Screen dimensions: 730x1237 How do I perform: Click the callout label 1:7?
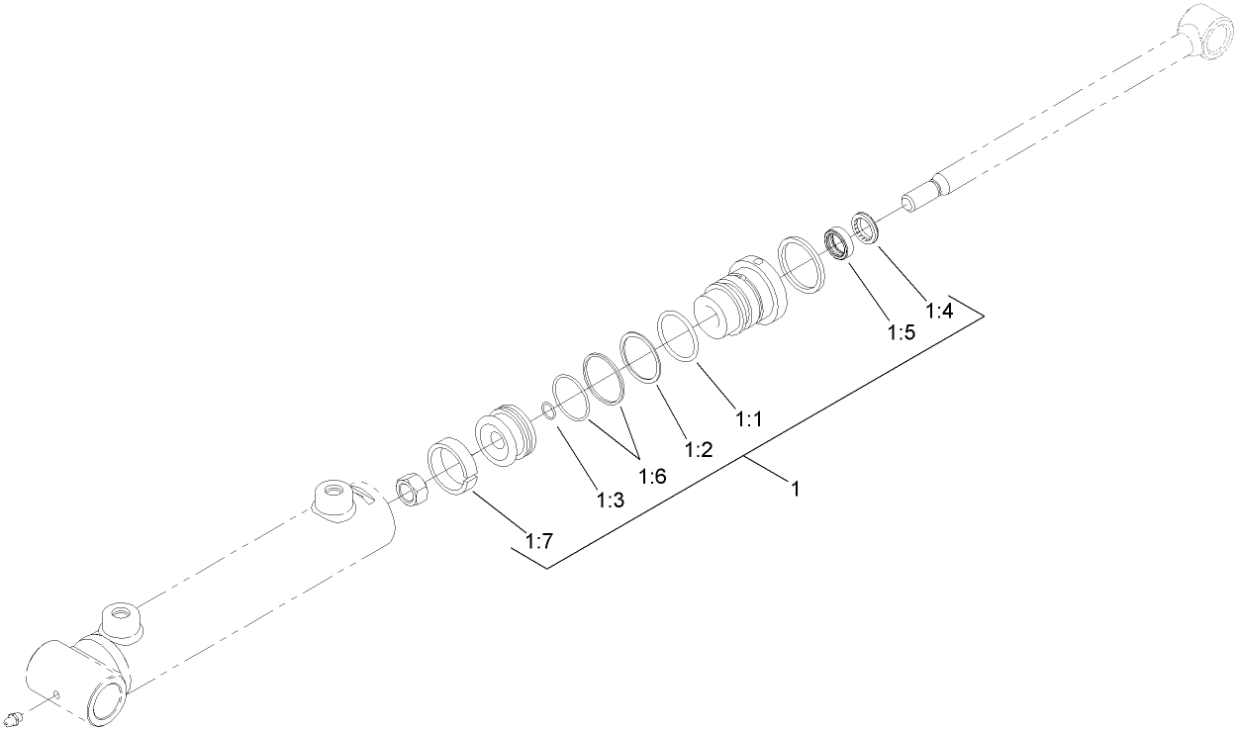(538, 541)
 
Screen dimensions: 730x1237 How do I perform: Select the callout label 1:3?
(610, 501)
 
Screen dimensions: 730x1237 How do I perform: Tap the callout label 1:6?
(652, 477)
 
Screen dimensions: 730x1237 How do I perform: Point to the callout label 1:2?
(698, 450)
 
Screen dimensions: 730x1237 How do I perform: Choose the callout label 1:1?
(749, 418)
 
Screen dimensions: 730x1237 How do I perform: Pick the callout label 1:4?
(939, 311)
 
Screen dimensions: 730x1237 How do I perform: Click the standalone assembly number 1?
(795, 488)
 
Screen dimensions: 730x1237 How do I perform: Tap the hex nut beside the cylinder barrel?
(411, 489)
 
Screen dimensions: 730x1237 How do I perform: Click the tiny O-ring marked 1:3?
(548, 410)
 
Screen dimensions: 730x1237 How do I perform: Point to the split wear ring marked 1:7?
(453, 466)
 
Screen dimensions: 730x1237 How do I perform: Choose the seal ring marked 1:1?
(679, 335)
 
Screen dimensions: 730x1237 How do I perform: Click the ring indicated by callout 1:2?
(641, 356)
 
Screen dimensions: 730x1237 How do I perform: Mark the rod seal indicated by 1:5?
(840, 243)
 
